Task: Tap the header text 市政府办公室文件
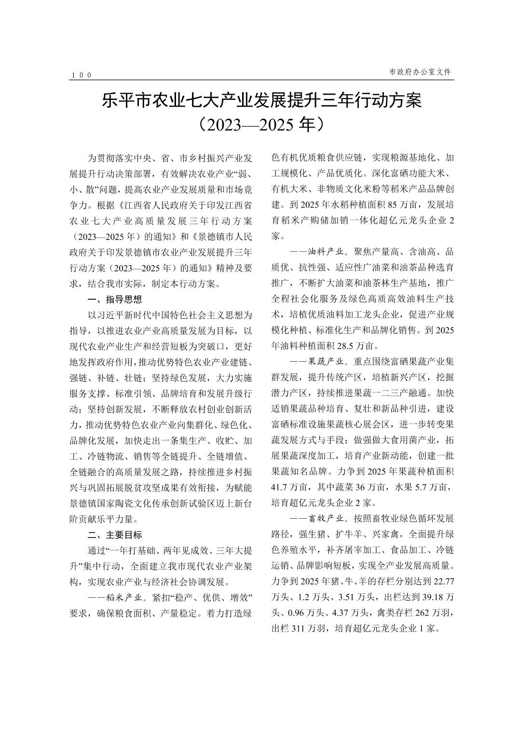point(420,71)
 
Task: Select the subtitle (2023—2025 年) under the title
point(261,124)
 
